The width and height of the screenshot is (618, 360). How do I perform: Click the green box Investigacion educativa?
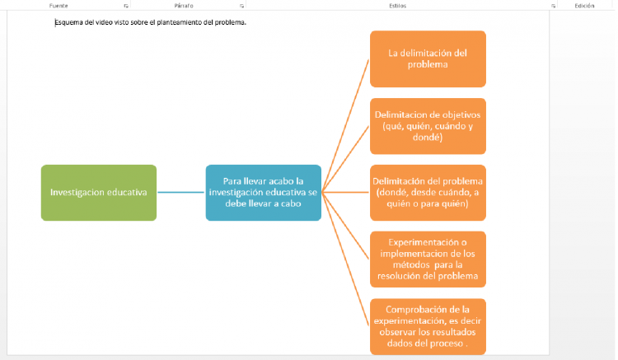tap(98, 193)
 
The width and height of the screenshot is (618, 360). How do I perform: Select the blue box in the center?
tap(263, 193)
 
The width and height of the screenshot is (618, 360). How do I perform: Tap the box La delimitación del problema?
tap(427, 58)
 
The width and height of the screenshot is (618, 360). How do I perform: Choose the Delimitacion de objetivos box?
tap(427, 126)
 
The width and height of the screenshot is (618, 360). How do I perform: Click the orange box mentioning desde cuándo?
tap(427, 193)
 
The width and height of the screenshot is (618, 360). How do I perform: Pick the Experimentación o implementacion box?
tap(427, 259)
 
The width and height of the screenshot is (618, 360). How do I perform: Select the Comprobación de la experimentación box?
tap(427, 326)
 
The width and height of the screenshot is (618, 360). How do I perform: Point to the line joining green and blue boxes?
tap(180, 193)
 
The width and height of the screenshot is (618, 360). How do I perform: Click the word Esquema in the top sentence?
tap(69, 22)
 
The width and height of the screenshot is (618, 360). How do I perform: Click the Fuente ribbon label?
tap(59, 5)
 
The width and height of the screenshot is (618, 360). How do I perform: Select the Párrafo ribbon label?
tap(184, 5)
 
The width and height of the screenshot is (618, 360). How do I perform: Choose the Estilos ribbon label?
tap(396, 5)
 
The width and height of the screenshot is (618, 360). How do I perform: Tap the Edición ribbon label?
tap(584, 5)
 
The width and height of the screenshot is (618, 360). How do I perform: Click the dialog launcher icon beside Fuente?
tap(126, 5)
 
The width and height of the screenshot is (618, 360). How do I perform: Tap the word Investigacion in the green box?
tap(80, 193)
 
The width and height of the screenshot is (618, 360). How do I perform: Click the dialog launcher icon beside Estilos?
tap(553, 5)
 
